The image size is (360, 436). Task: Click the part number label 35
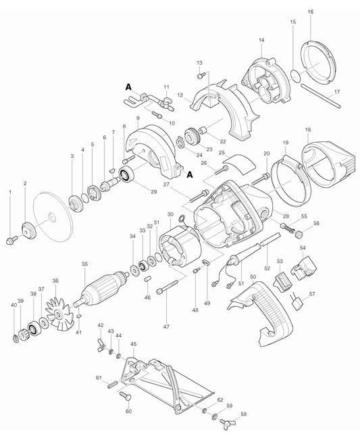[x=84, y=264]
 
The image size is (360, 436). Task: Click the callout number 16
[x=310, y=12]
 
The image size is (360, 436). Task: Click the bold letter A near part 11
[x=128, y=87]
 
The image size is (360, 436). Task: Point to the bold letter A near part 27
[x=189, y=174]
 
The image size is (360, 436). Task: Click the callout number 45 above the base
[x=133, y=343]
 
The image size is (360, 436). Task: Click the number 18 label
[x=307, y=129]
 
